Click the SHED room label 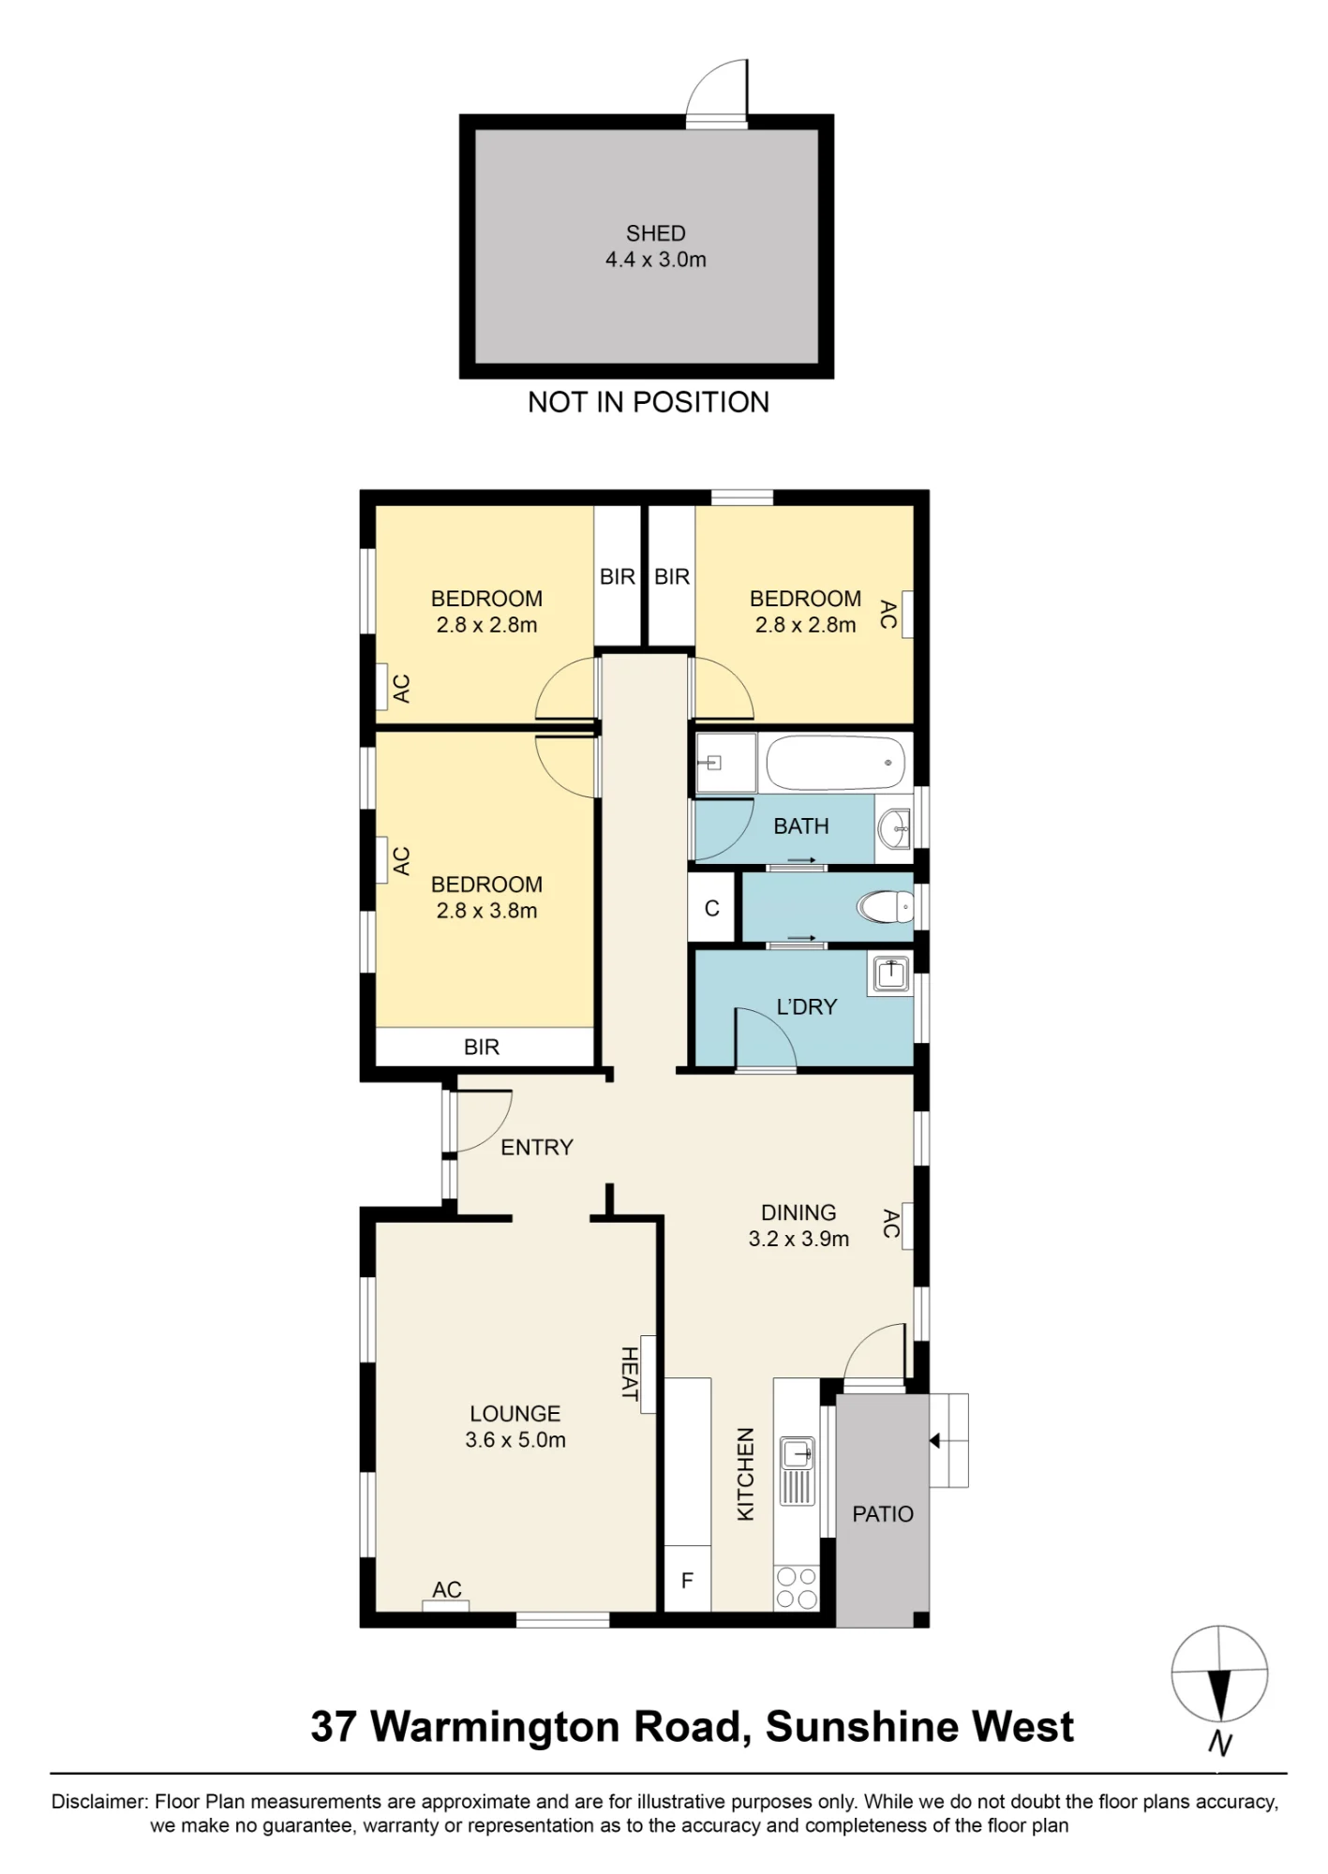click(x=656, y=233)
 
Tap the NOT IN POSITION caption click(x=649, y=402)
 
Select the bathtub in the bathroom click(x=836, y=763)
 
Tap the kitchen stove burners click(x=797, y=1587)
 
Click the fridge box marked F click(x=687, y=1579)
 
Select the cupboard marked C click(x=711, y=907)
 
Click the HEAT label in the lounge click(x=630, y=1374)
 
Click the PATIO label click(x=883, y=1514)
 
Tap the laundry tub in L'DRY click(x=889, y=974)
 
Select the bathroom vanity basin click(x=895, y=826)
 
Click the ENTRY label click(x=537, y=1147)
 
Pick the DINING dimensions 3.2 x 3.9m click(x=798, y=1239)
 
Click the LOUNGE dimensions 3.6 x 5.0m click(x=515, y=1440)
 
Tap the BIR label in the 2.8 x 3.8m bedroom click(x=482, y=1047)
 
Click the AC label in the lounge click(x=447, y=1589)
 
